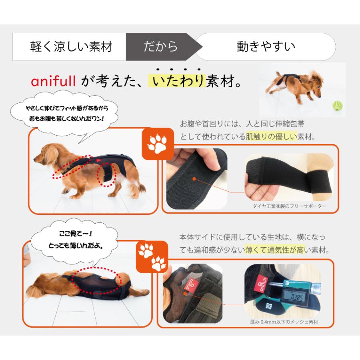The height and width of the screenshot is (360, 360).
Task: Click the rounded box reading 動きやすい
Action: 266,47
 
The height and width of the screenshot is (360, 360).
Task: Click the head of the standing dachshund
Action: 44,152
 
